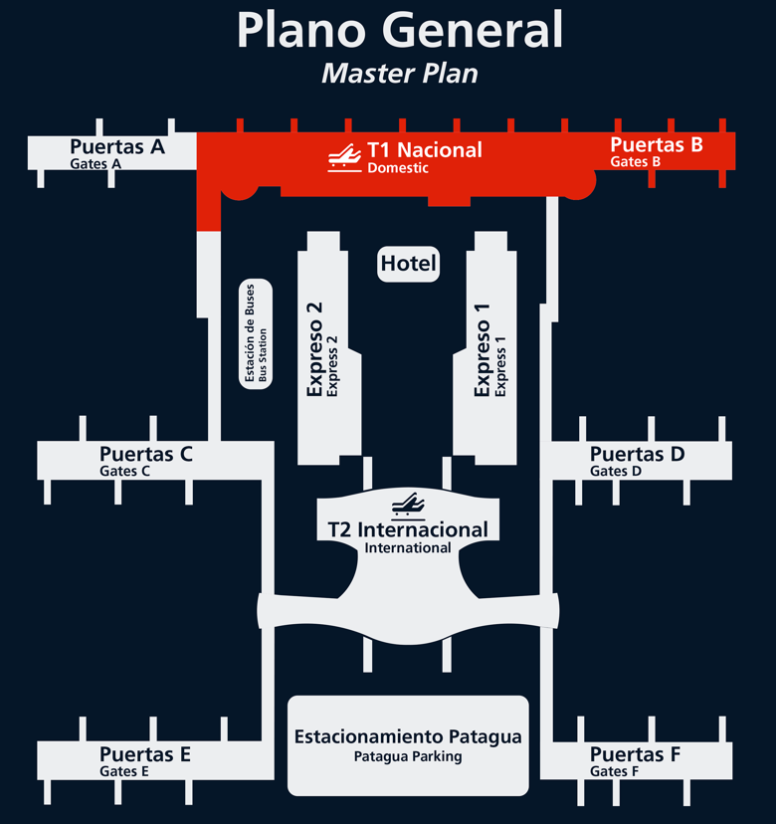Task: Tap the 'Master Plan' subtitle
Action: point(400,74)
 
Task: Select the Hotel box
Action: point(409,264)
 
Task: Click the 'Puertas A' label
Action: point(117,147)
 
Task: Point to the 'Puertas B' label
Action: point(657,144)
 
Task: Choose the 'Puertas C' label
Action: point(146,455)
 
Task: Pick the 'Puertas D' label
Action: point(637,455)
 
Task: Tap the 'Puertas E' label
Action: point(145,754)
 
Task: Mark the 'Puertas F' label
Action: point(635,754)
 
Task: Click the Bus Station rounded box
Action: point(257,334)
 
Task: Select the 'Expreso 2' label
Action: point(315,349)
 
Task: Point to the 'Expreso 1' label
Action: point(483,349)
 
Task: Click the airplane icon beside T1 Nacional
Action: point(344,158)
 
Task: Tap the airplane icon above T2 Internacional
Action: point(408,504)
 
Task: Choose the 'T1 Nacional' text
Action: point(425,150)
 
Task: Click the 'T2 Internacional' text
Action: point(408,529)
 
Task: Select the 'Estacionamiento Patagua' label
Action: point(408,737)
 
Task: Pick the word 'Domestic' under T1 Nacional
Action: point(398,168)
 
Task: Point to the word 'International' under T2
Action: point(408,547)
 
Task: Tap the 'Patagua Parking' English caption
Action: point(408,756)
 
